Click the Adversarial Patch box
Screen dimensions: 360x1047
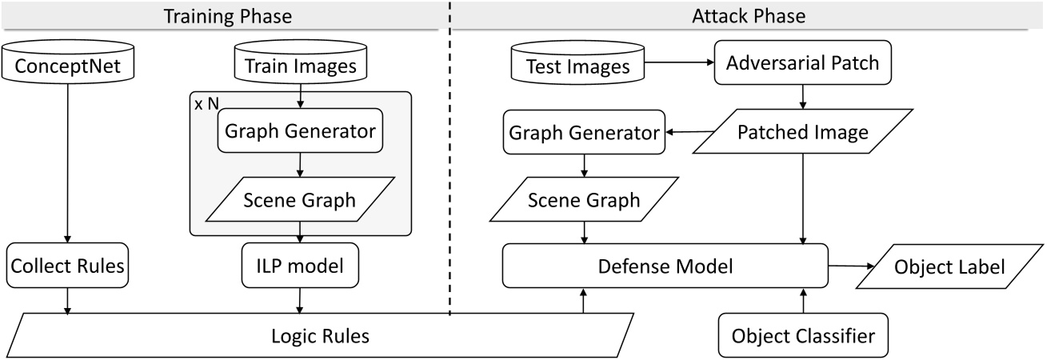click(801, 62)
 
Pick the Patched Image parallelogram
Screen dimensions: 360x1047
click(802, 132)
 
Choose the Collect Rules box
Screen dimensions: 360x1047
click(67, 266)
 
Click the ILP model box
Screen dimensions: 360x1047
click(300, 266)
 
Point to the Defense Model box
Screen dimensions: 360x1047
click(665, 266)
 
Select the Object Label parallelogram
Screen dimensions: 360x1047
click(947, 266)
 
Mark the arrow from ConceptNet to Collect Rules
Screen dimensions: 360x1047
click(67, 160)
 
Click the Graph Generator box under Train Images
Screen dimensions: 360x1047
click(300, 131)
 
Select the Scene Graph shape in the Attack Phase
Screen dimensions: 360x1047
click(585, 200)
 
